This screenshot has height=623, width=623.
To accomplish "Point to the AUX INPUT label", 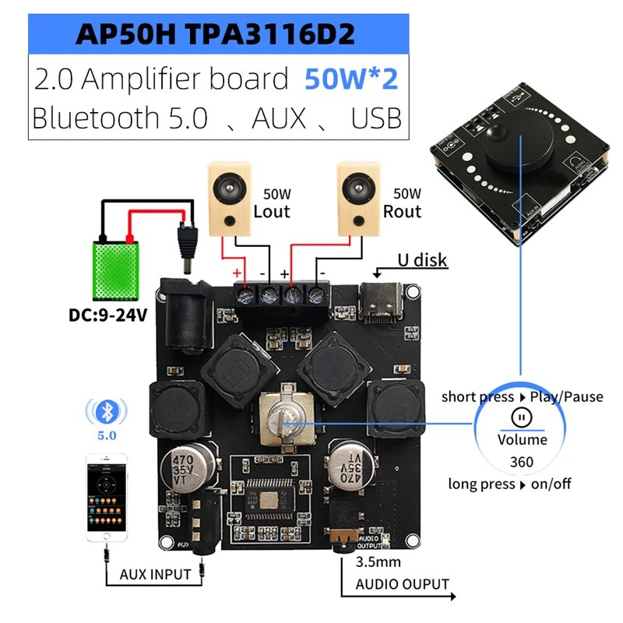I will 155,575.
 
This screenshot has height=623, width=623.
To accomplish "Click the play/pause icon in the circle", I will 522,417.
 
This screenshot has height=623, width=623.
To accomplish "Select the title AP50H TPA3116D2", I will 217,33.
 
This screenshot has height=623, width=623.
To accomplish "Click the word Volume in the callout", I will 522,440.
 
